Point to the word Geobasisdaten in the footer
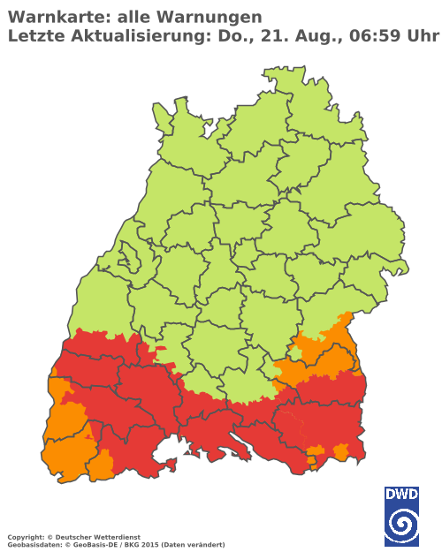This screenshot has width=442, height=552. point(30,544)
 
